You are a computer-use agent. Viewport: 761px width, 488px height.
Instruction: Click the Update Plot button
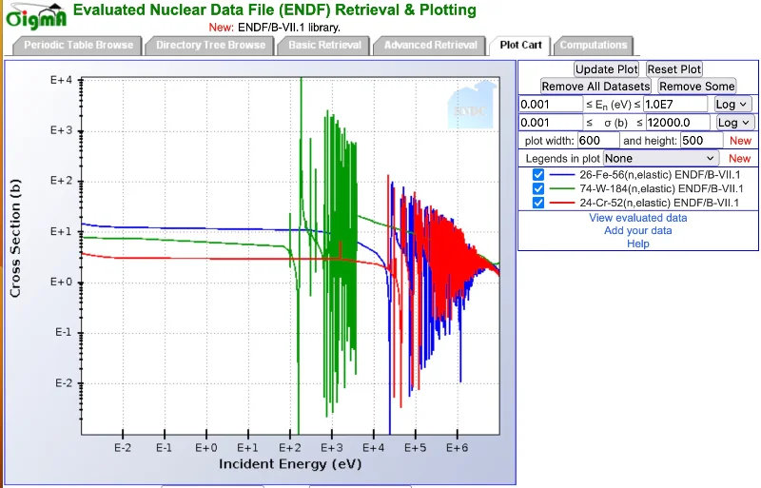coord(607,69)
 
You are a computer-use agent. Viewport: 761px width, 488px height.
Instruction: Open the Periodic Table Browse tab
coord(79,45)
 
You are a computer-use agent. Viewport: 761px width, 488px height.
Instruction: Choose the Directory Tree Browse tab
coord(210,45)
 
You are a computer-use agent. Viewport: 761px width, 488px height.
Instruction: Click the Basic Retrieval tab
coord(325,45)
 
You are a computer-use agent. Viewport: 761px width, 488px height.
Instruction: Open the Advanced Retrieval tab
coord(431,45)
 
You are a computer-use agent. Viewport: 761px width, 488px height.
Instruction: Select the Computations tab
coord(594,45)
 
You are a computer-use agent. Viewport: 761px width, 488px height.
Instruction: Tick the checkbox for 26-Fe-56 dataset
coord(538,175)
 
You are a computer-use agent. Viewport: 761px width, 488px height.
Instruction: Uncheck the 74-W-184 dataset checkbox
coord(538,188)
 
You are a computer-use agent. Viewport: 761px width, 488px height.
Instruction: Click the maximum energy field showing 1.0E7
coord(675,104)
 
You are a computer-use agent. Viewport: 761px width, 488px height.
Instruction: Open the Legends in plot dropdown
coord(661,158)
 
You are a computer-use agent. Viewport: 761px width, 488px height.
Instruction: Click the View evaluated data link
coord(637,218)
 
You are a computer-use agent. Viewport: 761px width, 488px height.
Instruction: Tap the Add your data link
coord(637,230)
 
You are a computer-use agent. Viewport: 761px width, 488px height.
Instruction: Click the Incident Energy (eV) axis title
coord(289,463)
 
